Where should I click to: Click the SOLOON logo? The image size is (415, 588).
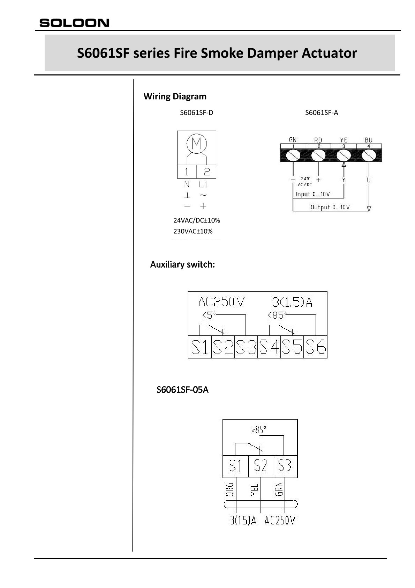click(74, 23)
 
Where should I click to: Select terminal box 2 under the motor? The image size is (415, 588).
click(206, 172)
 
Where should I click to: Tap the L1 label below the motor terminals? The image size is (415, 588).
click(203, 184)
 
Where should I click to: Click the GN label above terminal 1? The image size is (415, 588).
click(293, 140)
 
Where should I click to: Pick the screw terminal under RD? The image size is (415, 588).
click(318, 155)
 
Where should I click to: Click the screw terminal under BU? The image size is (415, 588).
click(369, 155)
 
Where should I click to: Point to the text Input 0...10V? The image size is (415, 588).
click(312, 194)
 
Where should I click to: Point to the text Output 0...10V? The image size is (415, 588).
click(330, 207)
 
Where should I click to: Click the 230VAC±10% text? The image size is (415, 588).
click(193, 231)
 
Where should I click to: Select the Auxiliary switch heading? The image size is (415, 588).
click(182, 264)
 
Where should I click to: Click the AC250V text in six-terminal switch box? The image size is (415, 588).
click(221, 302)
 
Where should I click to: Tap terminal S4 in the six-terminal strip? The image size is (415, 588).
click(269, 347)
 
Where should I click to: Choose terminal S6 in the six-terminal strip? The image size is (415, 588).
click(316, 347)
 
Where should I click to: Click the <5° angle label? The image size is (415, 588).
click(209, 315)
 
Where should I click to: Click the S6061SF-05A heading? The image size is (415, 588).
click(182, 390)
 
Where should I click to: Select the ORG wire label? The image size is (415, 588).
click(230, 489)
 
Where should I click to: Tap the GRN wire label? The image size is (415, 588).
click(279, 489)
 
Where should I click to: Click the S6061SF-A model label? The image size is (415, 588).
click(322, 112)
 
